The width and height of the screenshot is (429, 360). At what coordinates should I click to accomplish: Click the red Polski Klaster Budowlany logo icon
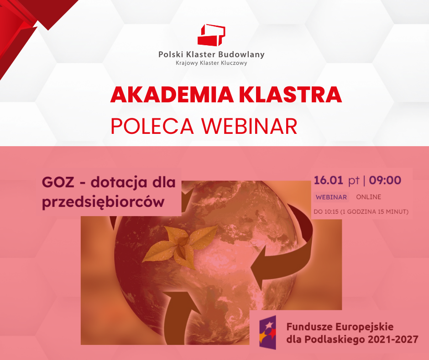point(211,35)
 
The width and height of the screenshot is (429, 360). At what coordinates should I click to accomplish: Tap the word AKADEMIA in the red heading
point(172,95)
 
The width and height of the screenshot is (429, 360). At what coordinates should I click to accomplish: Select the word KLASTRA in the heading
point(291,95)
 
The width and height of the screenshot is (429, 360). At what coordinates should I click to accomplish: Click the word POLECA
point(152,126)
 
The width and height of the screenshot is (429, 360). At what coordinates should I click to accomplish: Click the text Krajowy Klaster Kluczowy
point(211,63)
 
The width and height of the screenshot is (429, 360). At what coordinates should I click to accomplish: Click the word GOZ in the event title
point(58,182)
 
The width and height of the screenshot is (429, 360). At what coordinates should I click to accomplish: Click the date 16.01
point(328,180)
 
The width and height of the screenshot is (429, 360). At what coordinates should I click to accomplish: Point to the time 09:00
point(385,180)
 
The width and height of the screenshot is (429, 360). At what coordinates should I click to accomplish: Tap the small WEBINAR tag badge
point(331,197)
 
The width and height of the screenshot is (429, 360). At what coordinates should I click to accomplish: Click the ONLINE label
point(369,197)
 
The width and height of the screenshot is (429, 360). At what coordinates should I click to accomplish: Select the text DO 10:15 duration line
point(361,212)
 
